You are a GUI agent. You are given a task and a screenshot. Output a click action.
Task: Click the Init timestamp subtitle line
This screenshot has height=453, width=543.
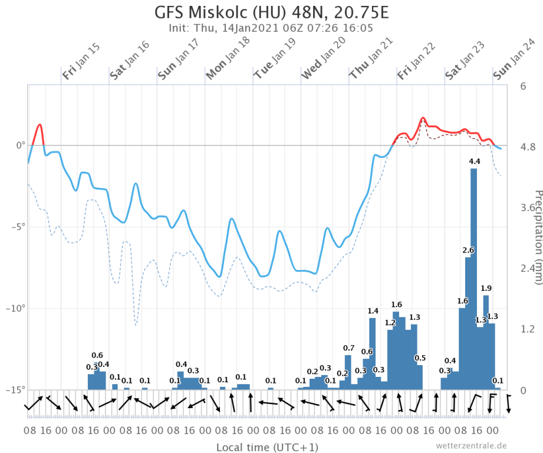point(271,27)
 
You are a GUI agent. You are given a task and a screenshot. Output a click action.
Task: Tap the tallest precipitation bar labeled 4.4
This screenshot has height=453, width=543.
point(474,277)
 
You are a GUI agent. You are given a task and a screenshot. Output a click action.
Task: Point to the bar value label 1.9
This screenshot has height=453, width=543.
point(486,288)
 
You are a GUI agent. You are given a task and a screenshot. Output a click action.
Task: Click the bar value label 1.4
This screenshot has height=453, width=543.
point(373,311)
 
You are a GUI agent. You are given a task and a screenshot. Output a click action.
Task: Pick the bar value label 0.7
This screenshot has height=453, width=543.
point(348,347)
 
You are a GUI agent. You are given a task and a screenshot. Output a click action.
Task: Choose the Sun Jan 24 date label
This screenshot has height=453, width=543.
point(514,59)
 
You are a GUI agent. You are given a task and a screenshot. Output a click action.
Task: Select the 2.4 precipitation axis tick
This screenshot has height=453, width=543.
point(526,268)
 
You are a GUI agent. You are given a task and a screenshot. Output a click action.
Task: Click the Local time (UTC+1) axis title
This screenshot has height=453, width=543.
point(267,447)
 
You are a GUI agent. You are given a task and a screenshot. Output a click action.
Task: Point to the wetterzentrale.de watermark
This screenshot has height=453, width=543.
point(471,445)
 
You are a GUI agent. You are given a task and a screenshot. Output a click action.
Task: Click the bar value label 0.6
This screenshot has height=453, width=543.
point(97,355)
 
